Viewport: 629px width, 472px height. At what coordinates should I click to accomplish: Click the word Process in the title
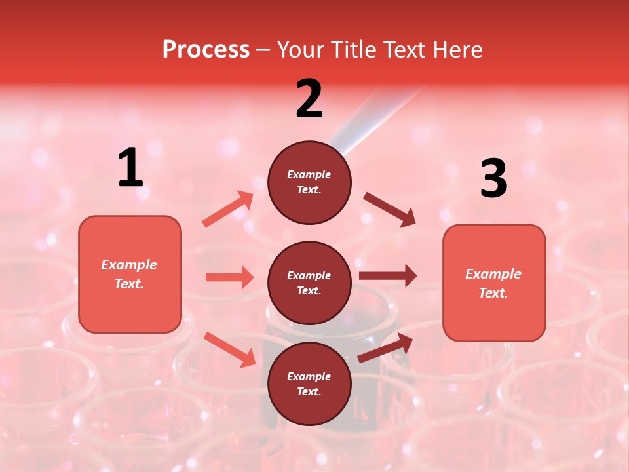pos(206,50)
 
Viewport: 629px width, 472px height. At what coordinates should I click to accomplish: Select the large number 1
pos(130,168)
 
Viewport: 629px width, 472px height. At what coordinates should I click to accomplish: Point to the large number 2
pos(309,99)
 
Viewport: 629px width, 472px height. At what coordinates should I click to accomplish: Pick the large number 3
pos(494,178)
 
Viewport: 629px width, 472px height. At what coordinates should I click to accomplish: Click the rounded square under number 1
pos(130,274)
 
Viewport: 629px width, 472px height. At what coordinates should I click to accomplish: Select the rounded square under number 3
pos(494,283)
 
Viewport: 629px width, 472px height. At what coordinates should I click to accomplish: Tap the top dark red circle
pos(309,182)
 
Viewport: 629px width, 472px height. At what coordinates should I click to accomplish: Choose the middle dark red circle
pos(309,283)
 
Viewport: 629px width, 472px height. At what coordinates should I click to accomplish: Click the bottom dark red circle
pos(309,384)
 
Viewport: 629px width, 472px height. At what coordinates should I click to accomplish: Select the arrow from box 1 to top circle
pos(228,209)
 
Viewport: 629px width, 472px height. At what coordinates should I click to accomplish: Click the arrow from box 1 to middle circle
pos(229,277)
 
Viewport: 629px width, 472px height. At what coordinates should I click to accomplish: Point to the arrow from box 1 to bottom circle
pos(230,349)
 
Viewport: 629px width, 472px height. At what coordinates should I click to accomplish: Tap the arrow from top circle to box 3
pos(390,209)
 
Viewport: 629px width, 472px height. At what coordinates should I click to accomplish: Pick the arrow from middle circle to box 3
pos(388,276)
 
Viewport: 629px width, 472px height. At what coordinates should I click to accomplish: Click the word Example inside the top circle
pos(309,175)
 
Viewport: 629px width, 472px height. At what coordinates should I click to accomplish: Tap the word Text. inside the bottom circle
pos(309,392)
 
